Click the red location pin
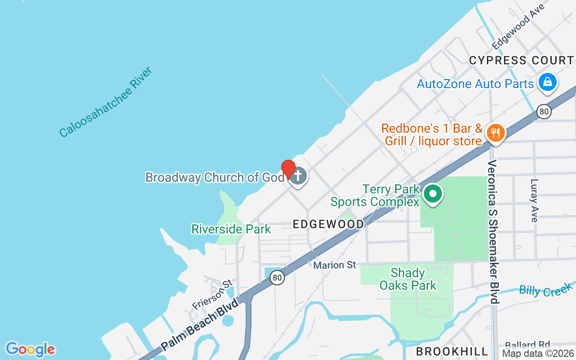point(288,169)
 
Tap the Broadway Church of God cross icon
point(297,175)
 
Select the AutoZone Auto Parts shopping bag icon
point(547,82)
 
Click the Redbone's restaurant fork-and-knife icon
point(495,133)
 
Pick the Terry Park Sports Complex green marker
point(433,194)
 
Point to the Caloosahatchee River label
point(106,102)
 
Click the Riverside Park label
point(231,229)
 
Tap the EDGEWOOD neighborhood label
point(328,224)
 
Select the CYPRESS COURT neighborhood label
point(521,60)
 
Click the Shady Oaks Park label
point(408,279)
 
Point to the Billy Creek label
point(545,289)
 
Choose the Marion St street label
point(335,265)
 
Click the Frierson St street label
point(212,295)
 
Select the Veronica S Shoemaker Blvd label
point(494,231)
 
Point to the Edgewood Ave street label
point(518,27)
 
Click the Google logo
point(30,349)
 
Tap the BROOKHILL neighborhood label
point(452,351)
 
